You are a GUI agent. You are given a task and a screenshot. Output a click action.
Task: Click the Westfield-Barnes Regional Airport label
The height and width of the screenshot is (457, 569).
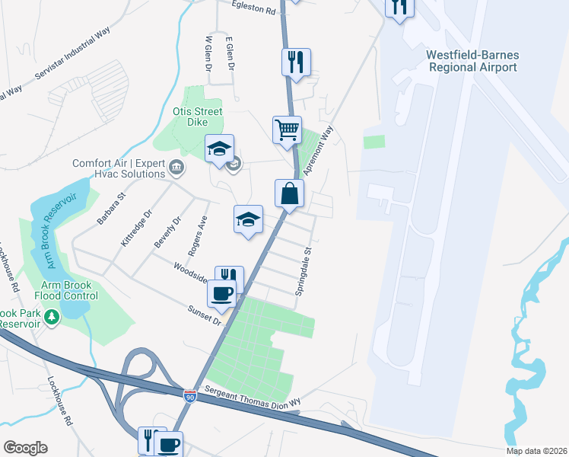[472, 61]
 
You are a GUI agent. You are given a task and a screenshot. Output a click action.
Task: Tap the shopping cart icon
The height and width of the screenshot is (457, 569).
[287, 129]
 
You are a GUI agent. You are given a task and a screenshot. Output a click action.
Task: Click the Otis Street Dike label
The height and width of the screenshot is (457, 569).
[198, 117]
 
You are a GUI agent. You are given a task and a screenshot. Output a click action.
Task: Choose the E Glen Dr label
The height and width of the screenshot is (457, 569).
[228, 52]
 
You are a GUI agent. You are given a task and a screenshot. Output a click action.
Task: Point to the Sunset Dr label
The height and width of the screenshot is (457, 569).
[205, 315]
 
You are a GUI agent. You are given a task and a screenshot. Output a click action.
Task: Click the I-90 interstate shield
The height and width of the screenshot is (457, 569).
[189, 396]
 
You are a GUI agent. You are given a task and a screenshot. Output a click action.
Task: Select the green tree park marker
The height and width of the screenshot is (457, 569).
[51, 315]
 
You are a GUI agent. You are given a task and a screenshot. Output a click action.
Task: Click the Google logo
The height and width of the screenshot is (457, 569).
[25, 448]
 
